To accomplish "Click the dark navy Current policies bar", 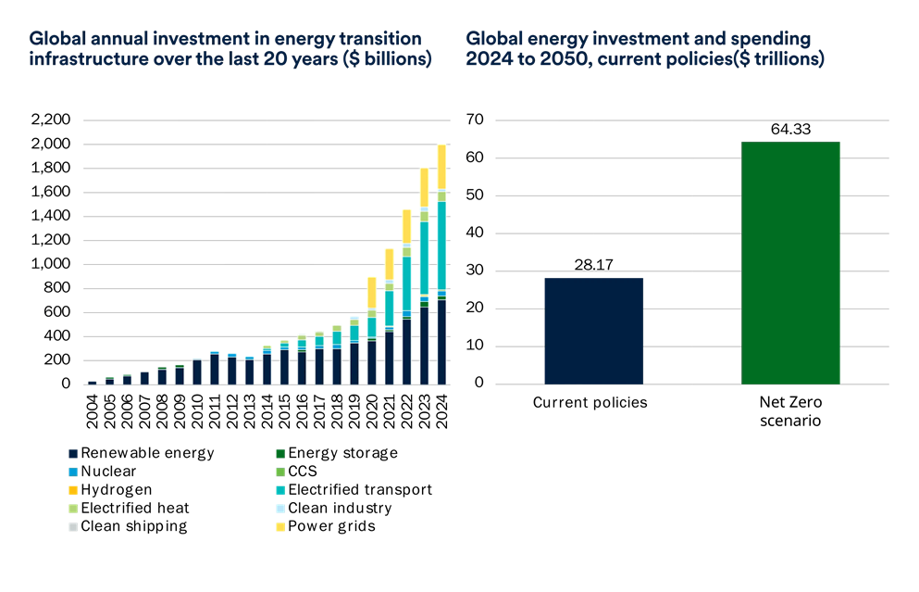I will tap(593, 330).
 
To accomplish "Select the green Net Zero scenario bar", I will tap(790, 262).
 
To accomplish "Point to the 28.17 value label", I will tap(593, 267).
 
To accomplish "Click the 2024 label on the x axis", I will tap(442, 408).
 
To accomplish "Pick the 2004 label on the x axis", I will tap(92, 408).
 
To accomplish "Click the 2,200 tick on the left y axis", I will tap(51, 120).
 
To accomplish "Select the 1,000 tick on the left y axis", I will tap(51, 264).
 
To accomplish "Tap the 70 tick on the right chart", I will tap(477, 120).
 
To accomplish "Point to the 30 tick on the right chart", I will tap(477, 271).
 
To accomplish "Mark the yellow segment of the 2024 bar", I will tap(442, 167).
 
